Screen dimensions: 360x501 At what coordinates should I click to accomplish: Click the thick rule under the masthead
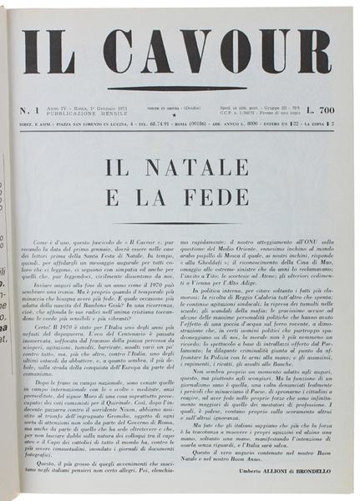(x=180, y=88)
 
